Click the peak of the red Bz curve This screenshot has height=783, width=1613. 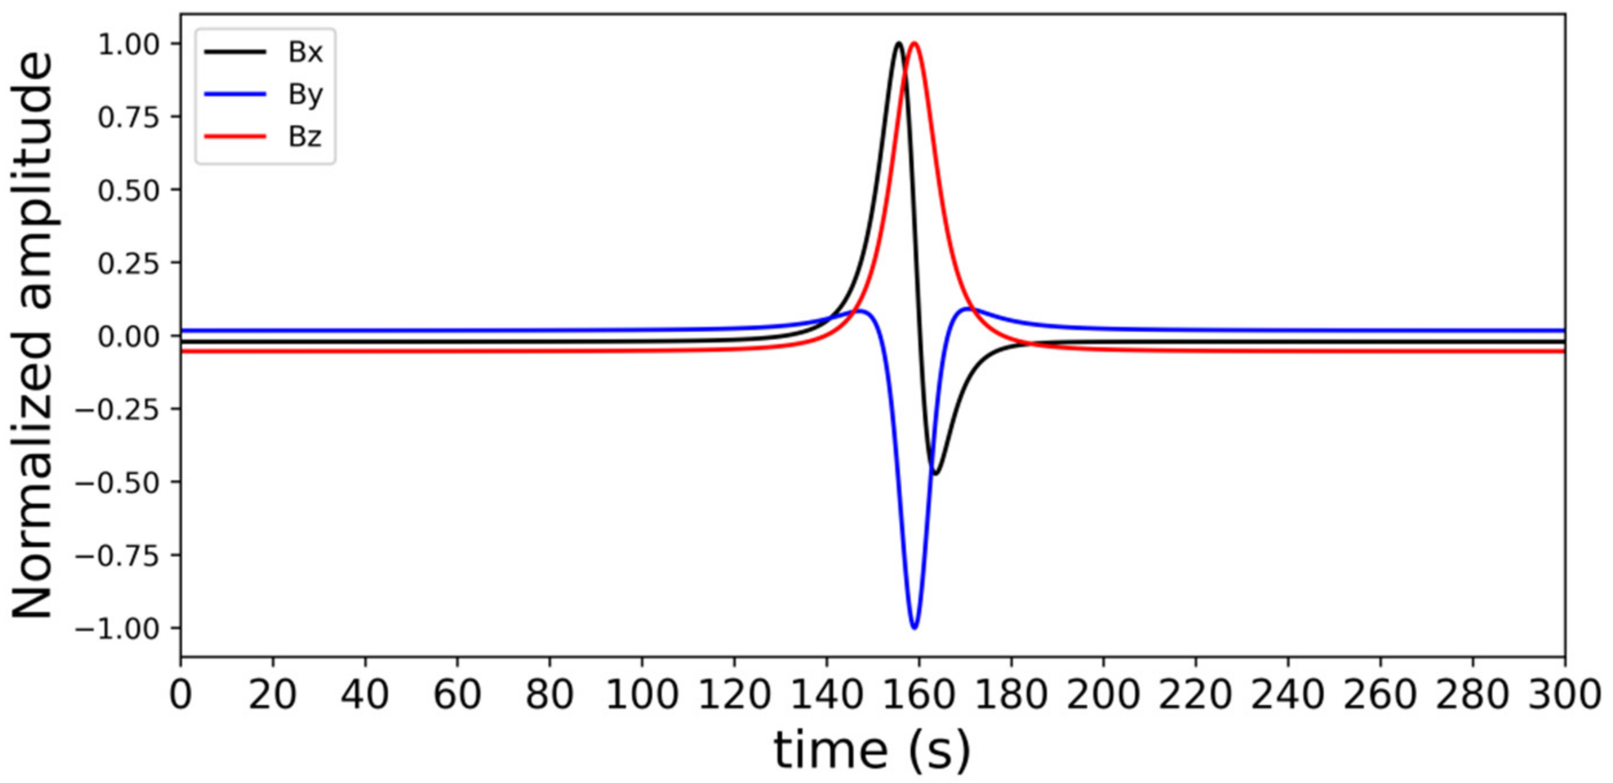914,43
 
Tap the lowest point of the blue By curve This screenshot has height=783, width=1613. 914,627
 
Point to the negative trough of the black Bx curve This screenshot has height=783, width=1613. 936,474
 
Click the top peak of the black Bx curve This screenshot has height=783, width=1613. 898,43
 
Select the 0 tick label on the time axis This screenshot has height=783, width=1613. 180,695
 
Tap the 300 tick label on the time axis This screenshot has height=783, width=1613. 1564,695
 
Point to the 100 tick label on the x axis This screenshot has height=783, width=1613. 642,695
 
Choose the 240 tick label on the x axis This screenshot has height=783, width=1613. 1287,695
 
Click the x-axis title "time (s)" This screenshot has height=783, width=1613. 872,750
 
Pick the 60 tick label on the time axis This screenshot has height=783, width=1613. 457,695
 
